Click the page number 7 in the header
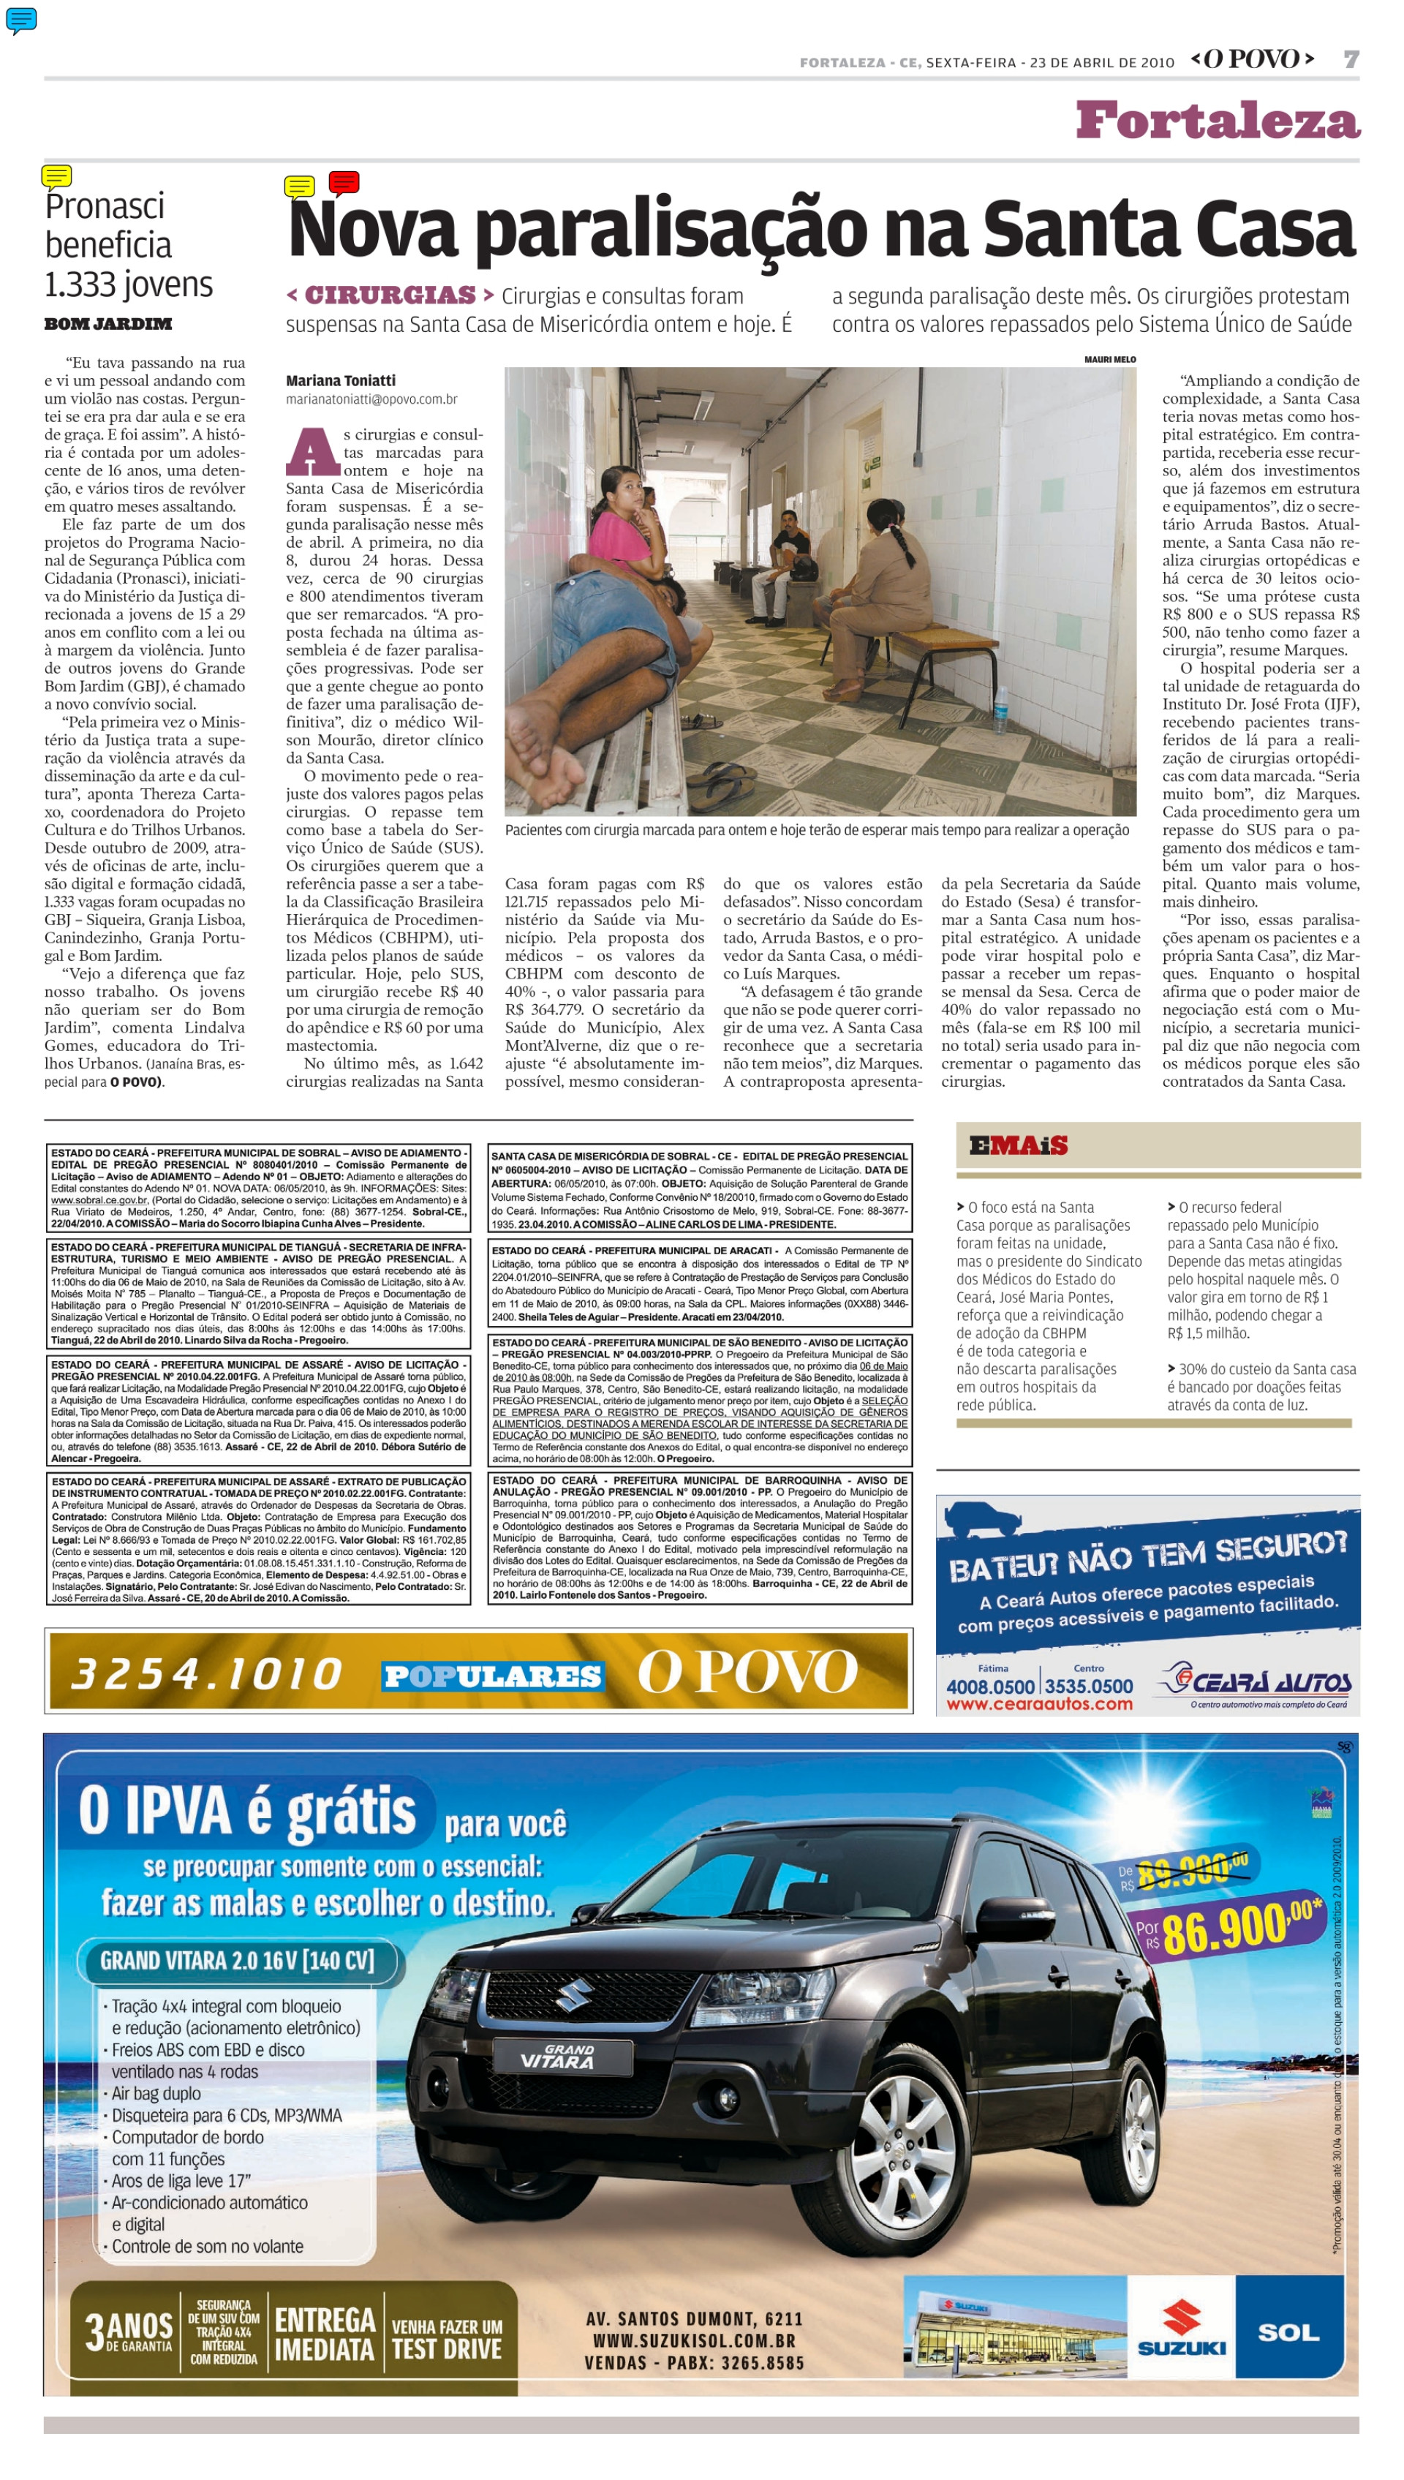click(1351, 60)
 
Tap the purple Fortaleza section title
click(1218, 121)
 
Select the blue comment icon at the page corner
click(21, 19)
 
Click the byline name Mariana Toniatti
click(340, 381)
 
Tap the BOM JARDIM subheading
click(108, 324)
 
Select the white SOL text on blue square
click(1288, 2332)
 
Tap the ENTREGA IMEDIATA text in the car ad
click(324, 2334)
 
